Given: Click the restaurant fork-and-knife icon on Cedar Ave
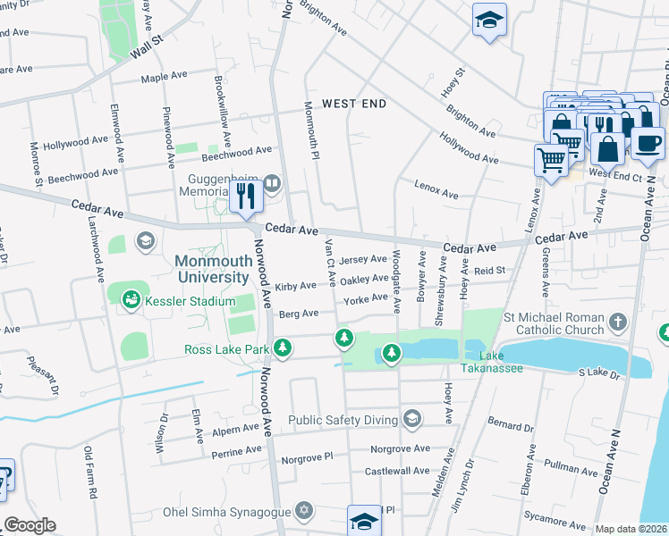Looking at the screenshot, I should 245,195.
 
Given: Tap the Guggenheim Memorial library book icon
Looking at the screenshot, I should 273,185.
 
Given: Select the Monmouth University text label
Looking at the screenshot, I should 212,269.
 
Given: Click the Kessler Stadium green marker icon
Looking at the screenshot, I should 131,301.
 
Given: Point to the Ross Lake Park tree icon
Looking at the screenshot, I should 284,348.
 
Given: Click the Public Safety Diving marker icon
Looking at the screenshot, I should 411,418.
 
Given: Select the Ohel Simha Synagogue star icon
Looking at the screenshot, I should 304,511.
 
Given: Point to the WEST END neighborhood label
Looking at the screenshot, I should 354,104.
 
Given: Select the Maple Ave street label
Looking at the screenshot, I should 165,78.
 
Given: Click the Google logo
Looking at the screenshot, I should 30,525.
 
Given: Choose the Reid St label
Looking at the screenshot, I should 490,270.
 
